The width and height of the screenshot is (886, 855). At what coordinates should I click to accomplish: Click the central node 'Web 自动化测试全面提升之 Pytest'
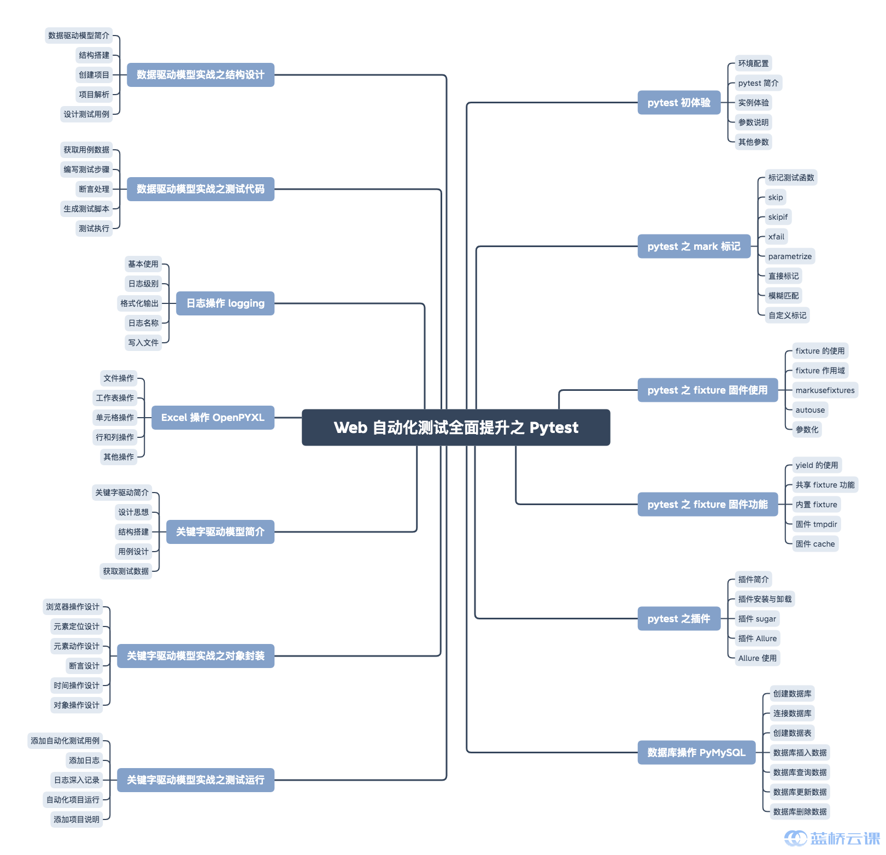pyautogui.click(x=456, y=427)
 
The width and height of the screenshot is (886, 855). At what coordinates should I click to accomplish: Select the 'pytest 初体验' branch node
pyautogui.click(x=679, y=103)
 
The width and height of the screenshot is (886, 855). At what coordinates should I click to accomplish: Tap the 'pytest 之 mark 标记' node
pyautogui.click(x=694, y=247)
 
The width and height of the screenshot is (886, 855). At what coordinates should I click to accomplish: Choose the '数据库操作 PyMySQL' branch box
pyautogui.click(x=696, y=753)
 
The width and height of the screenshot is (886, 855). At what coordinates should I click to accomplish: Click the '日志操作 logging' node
pyautogui.click(x=225, y=303)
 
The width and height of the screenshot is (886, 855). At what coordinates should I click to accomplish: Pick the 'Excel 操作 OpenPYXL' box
pyautogui.click(x=213, y=418)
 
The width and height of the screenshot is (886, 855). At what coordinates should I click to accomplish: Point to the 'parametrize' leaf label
pyautogui.click(x=790, y=256)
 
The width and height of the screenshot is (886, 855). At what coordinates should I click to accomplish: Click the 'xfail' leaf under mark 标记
pyautogui.click(x=776, y=237)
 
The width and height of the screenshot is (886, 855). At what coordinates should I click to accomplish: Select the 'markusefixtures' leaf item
pyautogui.click(x=825, y=390)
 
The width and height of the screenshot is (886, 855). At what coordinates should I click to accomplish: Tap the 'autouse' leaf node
pyautogui.click(x=810, y=410)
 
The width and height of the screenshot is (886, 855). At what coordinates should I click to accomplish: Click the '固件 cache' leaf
pyautogui.click(x=815, y=544)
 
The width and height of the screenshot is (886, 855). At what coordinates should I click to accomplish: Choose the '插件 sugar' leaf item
pyautogui.click(x=757, y=619)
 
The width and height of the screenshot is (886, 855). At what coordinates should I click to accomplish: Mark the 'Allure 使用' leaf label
pyautogui.click(x=757, y=658)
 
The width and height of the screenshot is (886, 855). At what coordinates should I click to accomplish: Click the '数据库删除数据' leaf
pyautogui.click(x=800, y=812)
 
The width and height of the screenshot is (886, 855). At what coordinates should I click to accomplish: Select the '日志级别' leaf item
pyautogui.click(x=143, y=284)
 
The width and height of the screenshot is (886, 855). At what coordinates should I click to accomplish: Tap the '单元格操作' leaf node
pyautogui.click(x=115, y=418)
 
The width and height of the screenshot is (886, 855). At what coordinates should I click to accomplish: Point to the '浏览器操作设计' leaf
pyautogui.click(x=73, y=607)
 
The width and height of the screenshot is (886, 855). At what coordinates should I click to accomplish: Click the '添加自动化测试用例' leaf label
pyautogui.click(x=65, y=741)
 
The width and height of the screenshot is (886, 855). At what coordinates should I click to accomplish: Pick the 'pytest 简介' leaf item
pyautogui.click(x=758, y=83)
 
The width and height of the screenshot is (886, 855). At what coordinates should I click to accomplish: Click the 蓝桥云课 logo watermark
pyautogui.click(x=832, y=839)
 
